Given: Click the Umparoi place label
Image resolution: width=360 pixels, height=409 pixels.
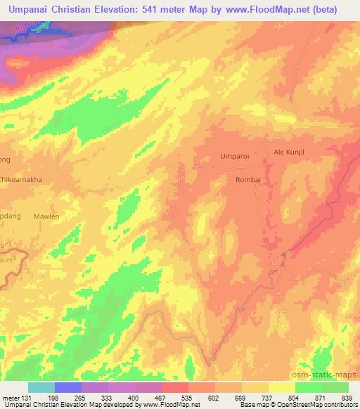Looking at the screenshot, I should (x=234, y=155).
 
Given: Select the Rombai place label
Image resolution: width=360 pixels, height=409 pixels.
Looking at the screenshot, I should (x=247, y=180).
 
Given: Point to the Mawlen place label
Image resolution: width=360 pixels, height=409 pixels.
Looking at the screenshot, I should (x=47, y=217).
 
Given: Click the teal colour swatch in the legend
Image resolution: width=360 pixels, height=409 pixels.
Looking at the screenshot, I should (x=41, y=387).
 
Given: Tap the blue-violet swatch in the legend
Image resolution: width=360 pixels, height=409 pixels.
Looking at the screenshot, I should (x=68, y=387).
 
